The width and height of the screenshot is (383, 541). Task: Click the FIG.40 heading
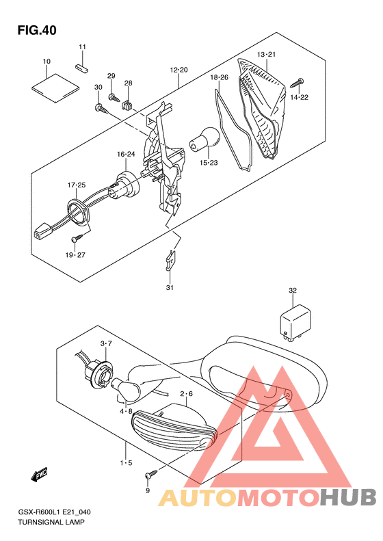click(37, 30)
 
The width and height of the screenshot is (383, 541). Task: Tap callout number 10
click(47, 62)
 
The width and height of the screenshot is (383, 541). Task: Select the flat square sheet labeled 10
click(56, 88)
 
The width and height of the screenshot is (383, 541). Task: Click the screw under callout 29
click(114, 98)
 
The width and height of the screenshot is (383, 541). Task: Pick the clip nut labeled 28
click(127, 105)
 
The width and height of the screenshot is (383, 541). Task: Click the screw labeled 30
click(101, 108)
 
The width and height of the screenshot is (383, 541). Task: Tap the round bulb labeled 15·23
click(205, 139)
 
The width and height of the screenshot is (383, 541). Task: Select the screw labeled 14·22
click(297, 83)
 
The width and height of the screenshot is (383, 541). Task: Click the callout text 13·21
click(266, 55)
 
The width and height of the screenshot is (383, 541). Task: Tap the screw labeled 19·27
click(77, 239)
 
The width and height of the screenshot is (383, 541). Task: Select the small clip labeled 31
click(170, 260)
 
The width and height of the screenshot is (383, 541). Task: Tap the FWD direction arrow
click(39, 475)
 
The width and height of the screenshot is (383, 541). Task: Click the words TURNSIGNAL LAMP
click(51, 522)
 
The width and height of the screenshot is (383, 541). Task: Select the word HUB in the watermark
click(348, 497)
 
